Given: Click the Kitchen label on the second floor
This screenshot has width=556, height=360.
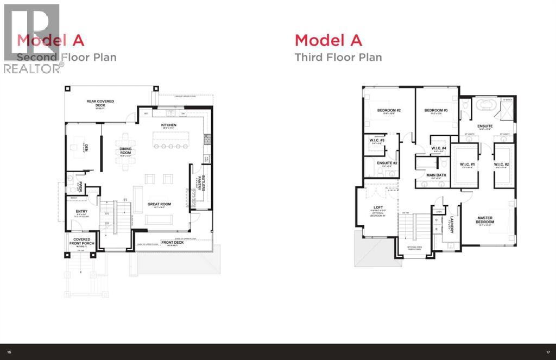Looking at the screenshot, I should (169, 125).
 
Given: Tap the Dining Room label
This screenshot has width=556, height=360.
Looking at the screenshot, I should (127, 153).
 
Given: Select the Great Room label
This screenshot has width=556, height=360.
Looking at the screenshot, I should (159, 204).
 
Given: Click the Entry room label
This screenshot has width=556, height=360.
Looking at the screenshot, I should (82, 211).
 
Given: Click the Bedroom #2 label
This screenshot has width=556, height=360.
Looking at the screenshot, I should (388, 111).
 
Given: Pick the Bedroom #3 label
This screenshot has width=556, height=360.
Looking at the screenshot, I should (435, 111).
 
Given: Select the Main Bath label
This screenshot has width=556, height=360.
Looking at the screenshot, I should (435, 175).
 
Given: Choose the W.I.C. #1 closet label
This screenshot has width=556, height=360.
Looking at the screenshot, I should (467, 165).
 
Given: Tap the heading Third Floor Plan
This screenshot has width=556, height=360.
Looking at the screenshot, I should (338, 57).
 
